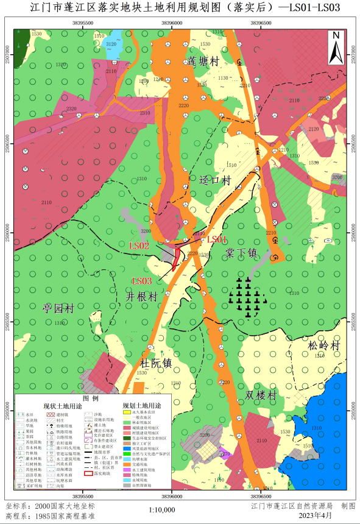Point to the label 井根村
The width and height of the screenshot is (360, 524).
(x=141, y=296)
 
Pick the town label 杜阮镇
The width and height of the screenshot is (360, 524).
(x=157, y=363)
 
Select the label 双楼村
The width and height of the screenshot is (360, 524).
(x=260, y=395)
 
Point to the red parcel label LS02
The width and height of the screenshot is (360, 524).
(x=139, y=246)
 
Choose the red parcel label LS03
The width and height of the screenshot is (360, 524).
(x=141, y=281)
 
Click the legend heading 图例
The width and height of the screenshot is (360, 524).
(x=90, y=397)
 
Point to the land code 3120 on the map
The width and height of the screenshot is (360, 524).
(x=111, y=44)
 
